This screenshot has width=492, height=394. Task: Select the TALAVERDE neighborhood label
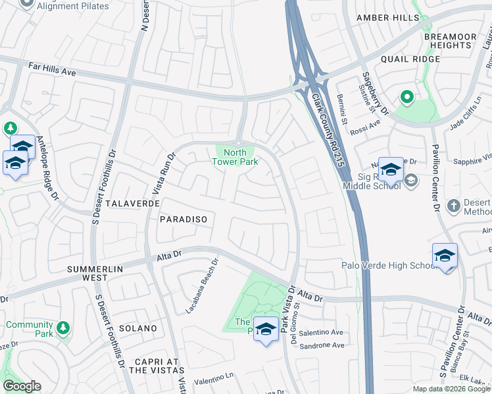coord(132,204)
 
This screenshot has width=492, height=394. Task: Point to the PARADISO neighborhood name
coord(184,219)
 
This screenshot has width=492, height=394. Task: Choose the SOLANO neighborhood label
coord(138,328)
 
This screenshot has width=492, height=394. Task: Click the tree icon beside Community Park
coord(63,327)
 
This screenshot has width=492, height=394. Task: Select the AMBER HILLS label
coord(387,18)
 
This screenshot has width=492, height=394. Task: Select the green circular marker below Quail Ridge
coord(406,98)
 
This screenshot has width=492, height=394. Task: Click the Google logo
coord(22,386)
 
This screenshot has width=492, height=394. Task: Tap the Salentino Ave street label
coord(322,333)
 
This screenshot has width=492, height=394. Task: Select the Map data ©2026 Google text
coord(451,389)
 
